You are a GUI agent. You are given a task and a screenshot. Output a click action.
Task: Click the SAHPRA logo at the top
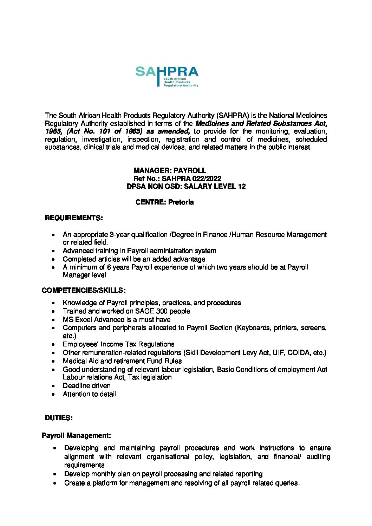click(167, 76)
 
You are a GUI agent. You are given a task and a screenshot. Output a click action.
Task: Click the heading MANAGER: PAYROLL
click(170, 170)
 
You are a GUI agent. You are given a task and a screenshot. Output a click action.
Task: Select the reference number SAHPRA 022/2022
click(191, 178)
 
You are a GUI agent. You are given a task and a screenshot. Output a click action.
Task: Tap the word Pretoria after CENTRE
click(181, 202)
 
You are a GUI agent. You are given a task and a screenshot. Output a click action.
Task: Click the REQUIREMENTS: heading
click(74, 218)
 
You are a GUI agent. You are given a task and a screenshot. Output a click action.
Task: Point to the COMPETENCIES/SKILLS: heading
click(84, 290)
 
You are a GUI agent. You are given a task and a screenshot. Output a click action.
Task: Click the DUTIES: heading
click(59, 418)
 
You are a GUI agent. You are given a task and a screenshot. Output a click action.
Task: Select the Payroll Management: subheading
click(76, 435)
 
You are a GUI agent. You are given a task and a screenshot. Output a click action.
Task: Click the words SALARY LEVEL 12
click(215, 186)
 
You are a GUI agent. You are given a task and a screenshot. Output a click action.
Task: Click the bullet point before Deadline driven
click(53, 386)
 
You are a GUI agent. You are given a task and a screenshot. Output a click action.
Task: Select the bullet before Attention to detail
click(53, 394)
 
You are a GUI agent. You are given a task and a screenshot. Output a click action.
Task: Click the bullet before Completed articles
click(53, 259)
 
